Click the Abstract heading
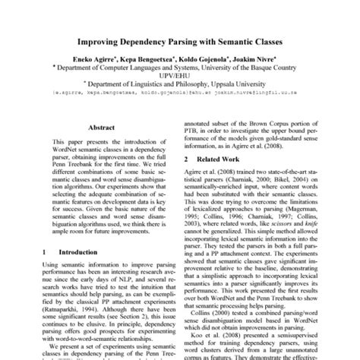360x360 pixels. pyautogui.click(x=100, y=128)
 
